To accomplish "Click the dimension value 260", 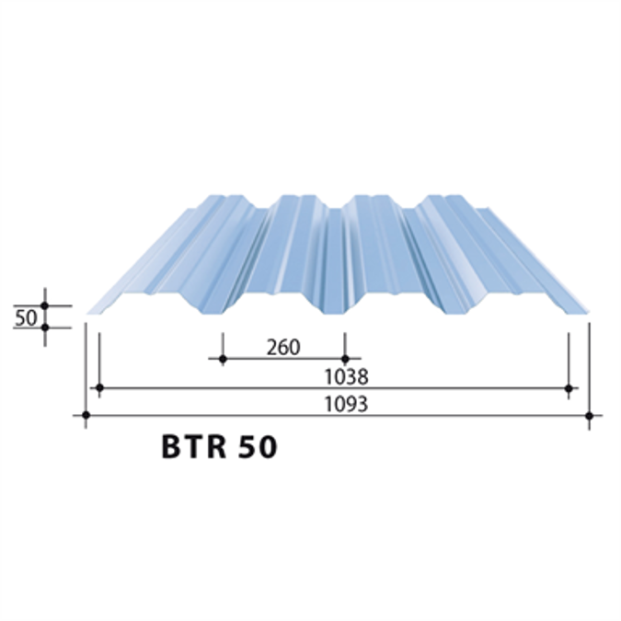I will click(x=282, y=348).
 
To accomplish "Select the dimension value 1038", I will click(x=346, y=376).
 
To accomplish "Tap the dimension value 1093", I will click(x=346, y=404).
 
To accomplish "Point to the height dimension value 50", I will click(x=26, y=317).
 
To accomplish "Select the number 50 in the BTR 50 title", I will click(x=255, y=447).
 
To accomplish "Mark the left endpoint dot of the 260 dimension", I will click(x=222, y=358).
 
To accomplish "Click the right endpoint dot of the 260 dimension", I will click(x=345, y=358).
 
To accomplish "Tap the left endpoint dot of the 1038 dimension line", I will click(x=98, y=388).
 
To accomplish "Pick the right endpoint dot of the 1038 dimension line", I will click(x=569, y=388).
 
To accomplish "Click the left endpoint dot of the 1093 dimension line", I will click(x=86, y=416).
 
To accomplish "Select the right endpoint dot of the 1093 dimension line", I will click(x=589, y=416).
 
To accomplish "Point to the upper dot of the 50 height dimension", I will click(x=44, y=305).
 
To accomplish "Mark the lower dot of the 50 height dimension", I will click(x=44, y=327).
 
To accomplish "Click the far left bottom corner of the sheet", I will click(x=88, y=312).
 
